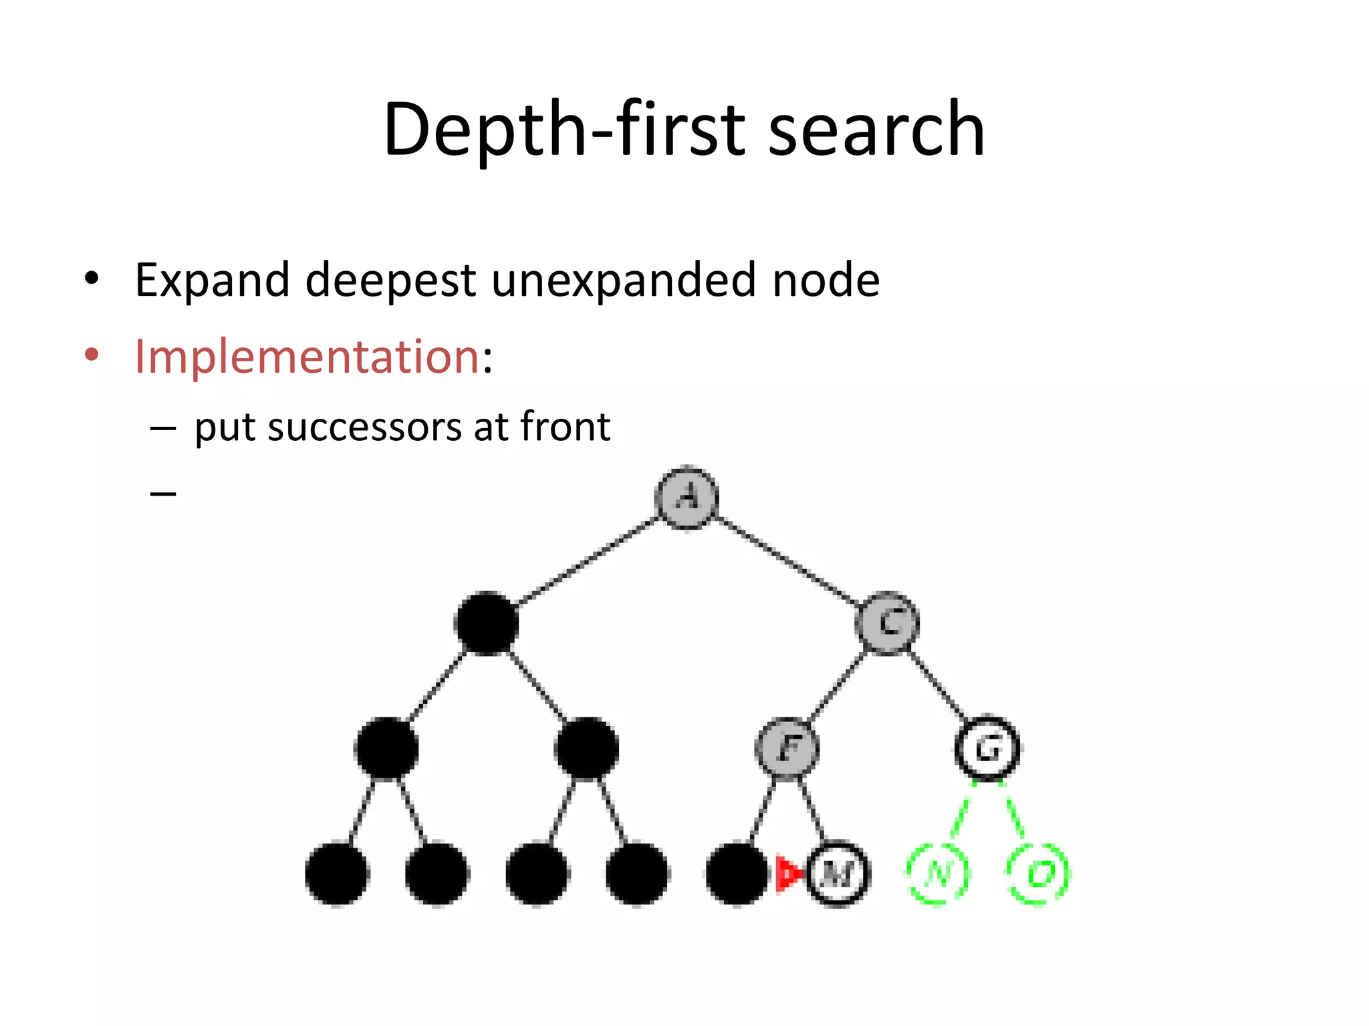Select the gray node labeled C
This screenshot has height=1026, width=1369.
[x=887, y=623]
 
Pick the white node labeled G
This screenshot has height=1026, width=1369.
[x=987, y=748]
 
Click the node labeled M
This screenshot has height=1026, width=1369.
[x=837, y=874]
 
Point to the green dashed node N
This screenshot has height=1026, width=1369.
[x=938, y=874]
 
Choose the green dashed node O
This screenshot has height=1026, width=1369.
[x=1037, y=874]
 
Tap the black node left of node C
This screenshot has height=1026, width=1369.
[x=487, y=623]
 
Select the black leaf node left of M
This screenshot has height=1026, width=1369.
[x=737, y=874]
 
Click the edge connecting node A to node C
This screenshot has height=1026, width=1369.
[x=787, y=560]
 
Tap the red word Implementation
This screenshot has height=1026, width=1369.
[x=307, y=356]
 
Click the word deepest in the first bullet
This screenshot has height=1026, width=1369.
[x=390, y=281]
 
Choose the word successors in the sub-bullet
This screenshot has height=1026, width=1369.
[x=364, y=427]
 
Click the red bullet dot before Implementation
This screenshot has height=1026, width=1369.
[x=92, y=355]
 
